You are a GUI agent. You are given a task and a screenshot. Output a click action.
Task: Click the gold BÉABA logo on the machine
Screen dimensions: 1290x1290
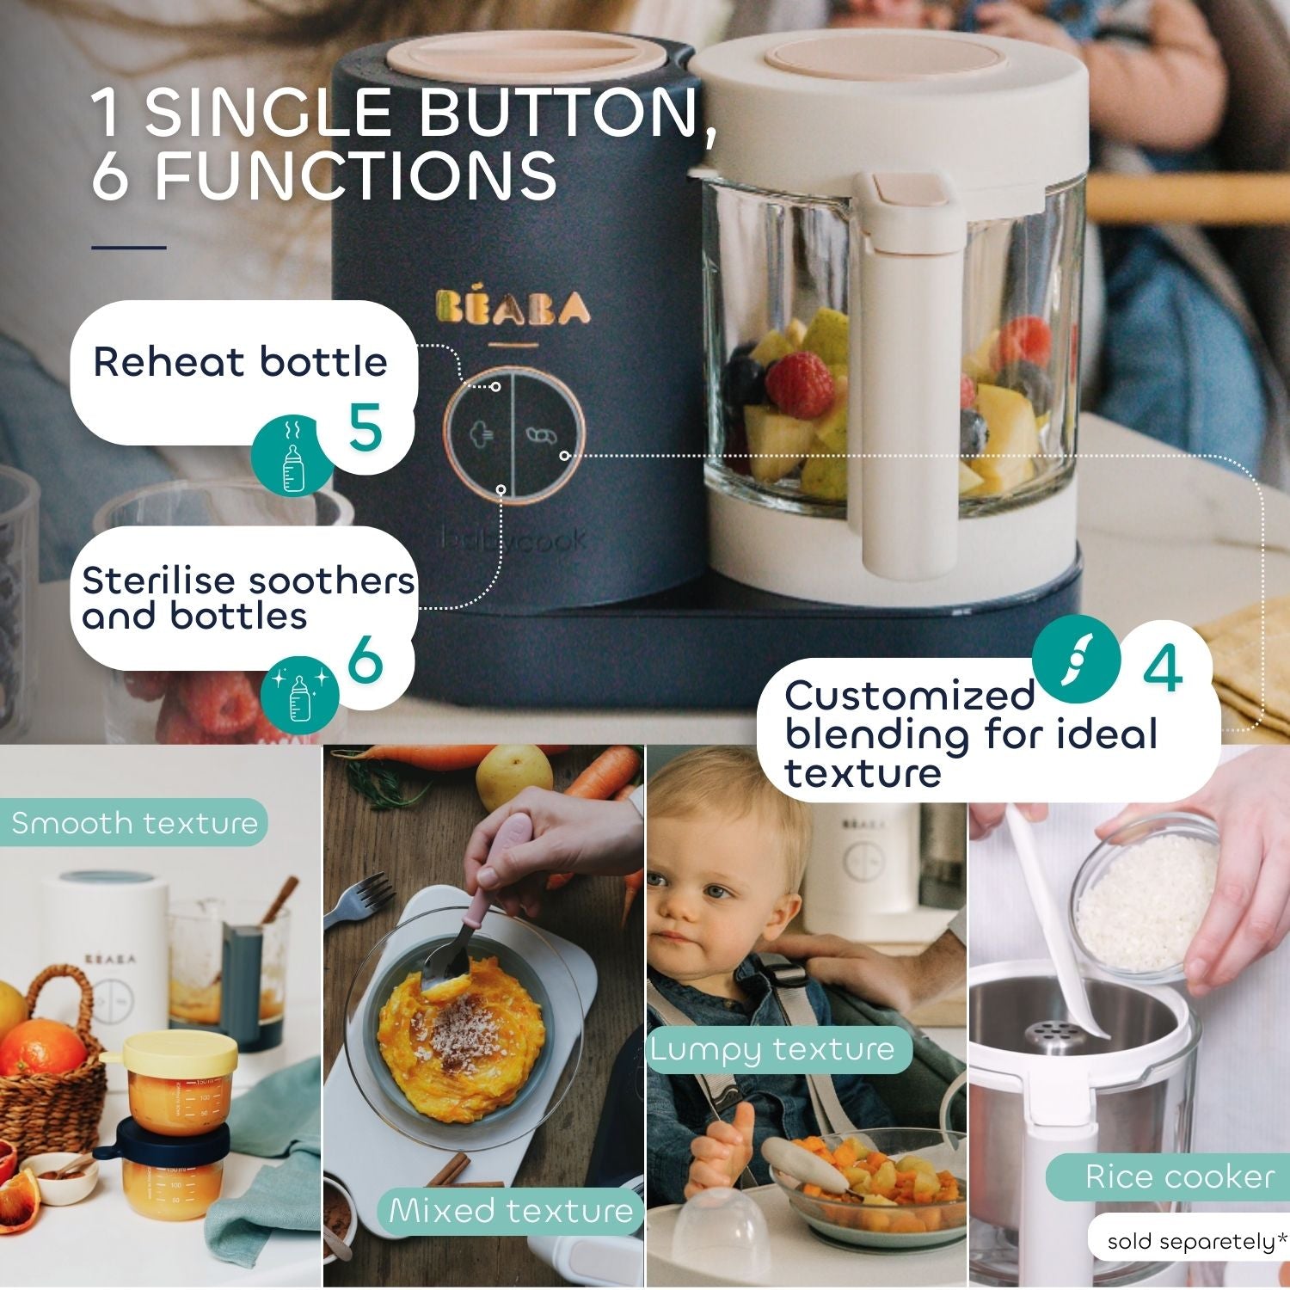click(x=513, y=308)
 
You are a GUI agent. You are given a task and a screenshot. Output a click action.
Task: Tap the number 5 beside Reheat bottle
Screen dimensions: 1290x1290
click(x=365, y=427)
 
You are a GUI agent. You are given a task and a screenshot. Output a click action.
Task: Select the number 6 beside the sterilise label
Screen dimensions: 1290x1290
click(x=365, y=660)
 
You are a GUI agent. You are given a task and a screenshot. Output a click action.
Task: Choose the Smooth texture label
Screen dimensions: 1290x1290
click(x=134, y=823)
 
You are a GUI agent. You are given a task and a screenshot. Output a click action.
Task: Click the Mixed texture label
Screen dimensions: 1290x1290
click(x=511, y=1211)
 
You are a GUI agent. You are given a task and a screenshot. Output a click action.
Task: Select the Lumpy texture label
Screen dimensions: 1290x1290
click(x=772, y=1049)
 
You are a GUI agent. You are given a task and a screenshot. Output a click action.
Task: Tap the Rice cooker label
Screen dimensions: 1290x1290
click(x=1179, y=1176)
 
